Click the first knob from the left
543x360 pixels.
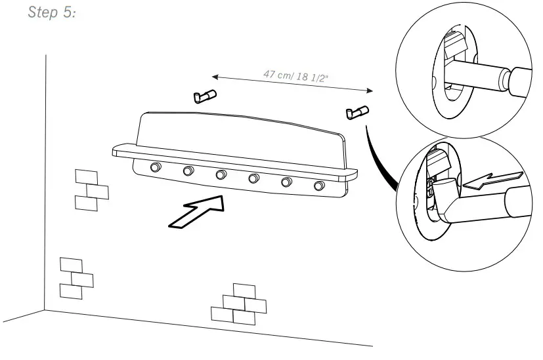click(x=155, y=168)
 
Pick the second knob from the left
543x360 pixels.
click(x=188, y=172)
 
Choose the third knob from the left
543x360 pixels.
click(x=221, y=175)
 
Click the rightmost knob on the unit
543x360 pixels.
click(x=320, y=186)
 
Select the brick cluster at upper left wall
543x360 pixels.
click(x=91, y=190)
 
